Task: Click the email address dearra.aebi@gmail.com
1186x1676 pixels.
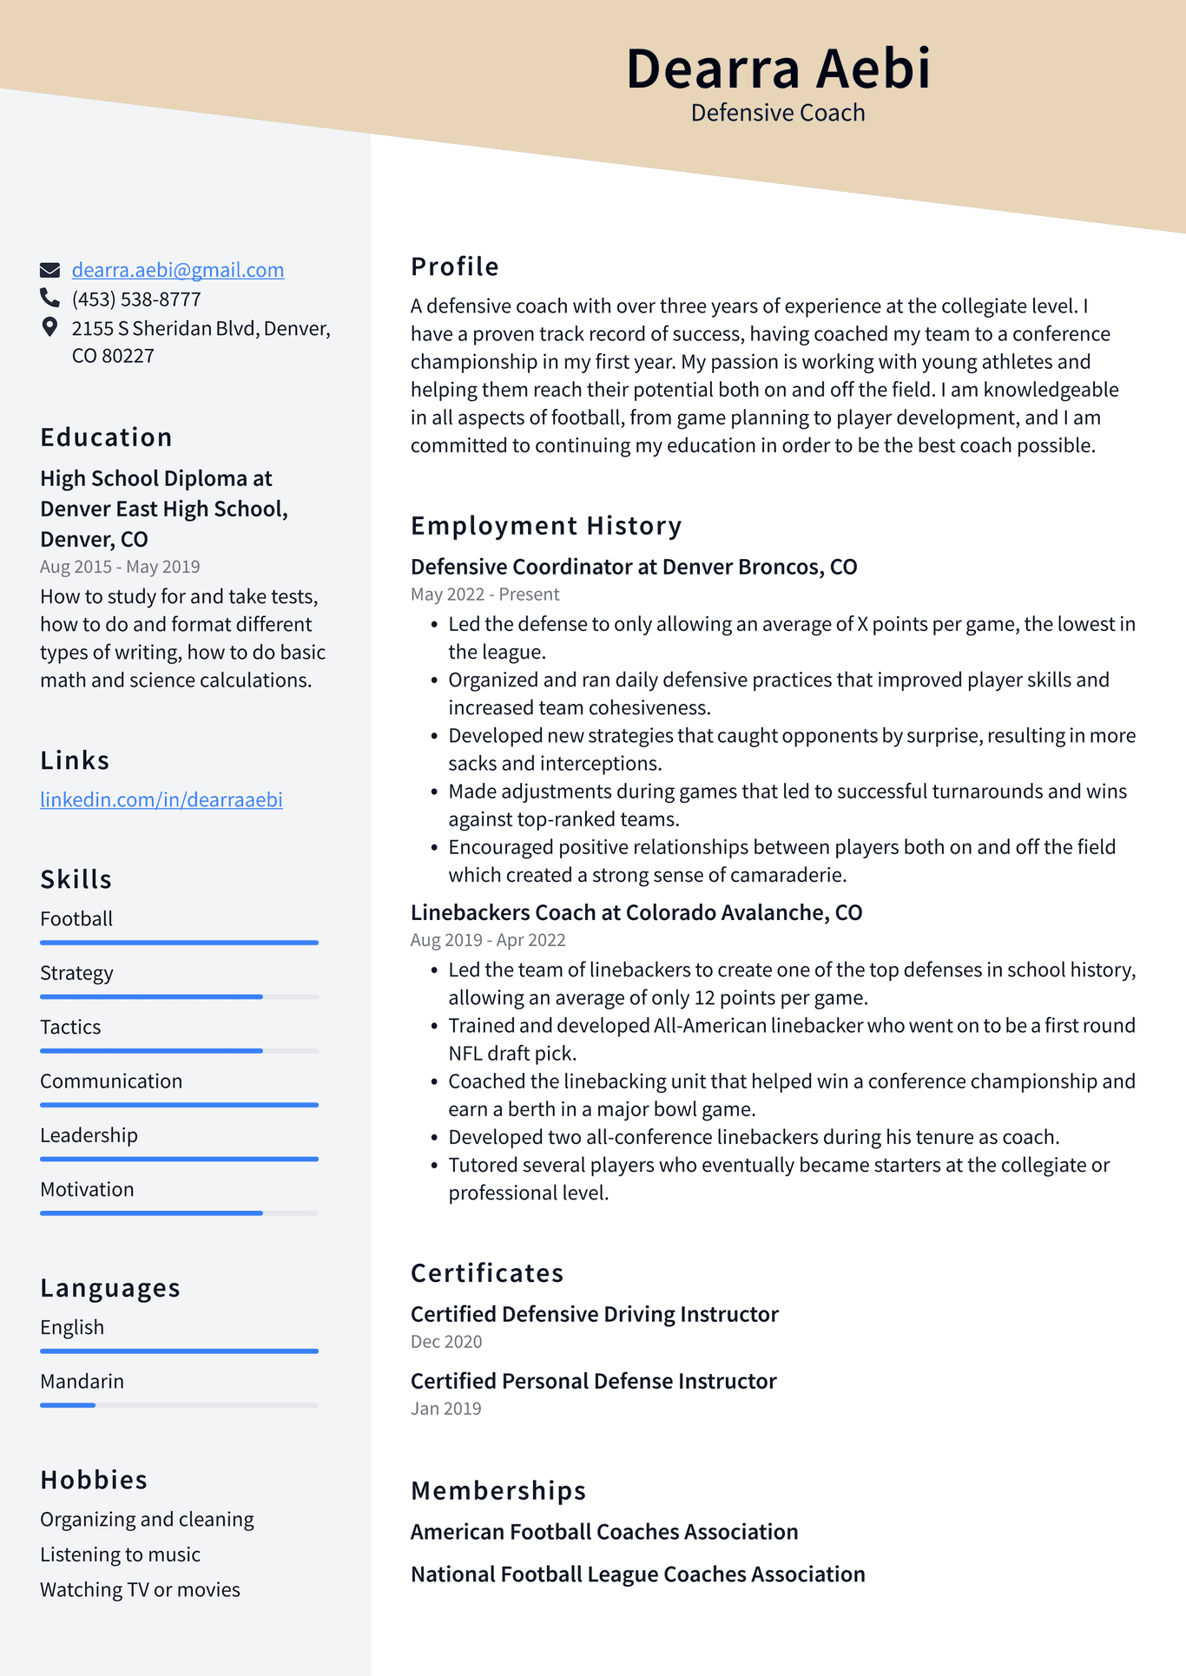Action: tap(177, 270)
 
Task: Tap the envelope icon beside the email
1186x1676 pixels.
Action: tap(50, 270)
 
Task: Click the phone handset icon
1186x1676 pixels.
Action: tap(49, 299)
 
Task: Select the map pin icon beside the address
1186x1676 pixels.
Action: tap(49, 327)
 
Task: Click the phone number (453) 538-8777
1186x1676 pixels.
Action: tap(136, 299)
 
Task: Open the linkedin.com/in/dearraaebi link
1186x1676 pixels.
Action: tap(161, 799)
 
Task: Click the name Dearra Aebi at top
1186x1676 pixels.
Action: tap(778, 69)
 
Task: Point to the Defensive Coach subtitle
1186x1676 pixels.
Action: tap(778, 113)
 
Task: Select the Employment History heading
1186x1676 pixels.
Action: tap(546, 526)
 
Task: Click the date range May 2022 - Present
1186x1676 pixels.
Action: tap(484, 595)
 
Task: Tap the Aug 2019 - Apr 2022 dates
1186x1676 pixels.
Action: tap(488, 940)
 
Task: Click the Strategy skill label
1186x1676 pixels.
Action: tap(76, 973)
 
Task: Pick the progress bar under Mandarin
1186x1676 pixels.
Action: tap(179, 1404)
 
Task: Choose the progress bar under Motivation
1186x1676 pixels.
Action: tap(179, 1213)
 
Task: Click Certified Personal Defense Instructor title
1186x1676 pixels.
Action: tap(593, 1381)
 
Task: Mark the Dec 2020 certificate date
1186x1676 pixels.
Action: tap(446, 1342)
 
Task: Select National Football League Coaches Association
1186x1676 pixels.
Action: tap(637, 1574)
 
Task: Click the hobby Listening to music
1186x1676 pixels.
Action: tap(120, 1554)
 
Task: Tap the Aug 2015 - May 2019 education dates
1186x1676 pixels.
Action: tap(120, 567)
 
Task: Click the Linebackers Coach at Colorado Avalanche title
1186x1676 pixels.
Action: tap(636, 912)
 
